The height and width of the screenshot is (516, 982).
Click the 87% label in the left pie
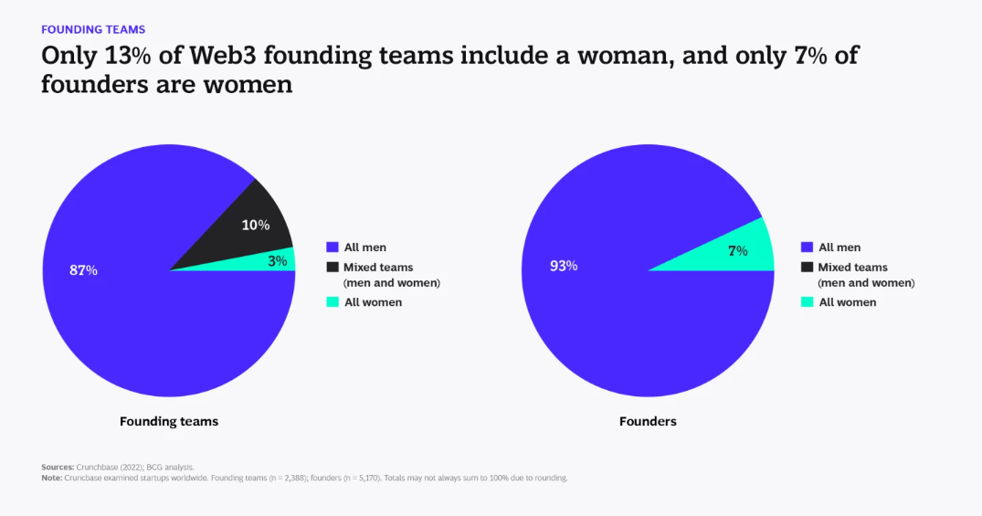point(83,270)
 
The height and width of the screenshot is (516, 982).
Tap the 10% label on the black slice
point(255,225)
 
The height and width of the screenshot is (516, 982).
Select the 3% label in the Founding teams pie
point(278,260)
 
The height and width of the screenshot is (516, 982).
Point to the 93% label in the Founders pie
point(564,266)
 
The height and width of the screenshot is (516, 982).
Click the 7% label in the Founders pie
point(737,250)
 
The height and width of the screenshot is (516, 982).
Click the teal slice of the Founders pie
point(722,253)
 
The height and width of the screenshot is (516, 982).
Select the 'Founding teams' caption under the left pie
point(169,422)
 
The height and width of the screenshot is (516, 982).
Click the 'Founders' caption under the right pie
point(648,422)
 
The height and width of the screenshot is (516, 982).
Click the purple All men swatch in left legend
point(332,247)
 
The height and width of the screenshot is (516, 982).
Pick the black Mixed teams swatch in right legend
point(807,267)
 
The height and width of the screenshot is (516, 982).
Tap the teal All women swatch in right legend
point(807,301)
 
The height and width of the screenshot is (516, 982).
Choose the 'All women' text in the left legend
point(373,302)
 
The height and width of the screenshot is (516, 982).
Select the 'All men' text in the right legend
point(839,247)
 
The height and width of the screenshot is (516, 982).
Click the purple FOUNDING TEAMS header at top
point(93,30)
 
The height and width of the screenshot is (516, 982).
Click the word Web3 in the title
point(226,56)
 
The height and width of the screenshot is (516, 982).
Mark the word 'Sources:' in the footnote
point(57,467)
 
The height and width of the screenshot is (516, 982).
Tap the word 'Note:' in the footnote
point(51,478)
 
